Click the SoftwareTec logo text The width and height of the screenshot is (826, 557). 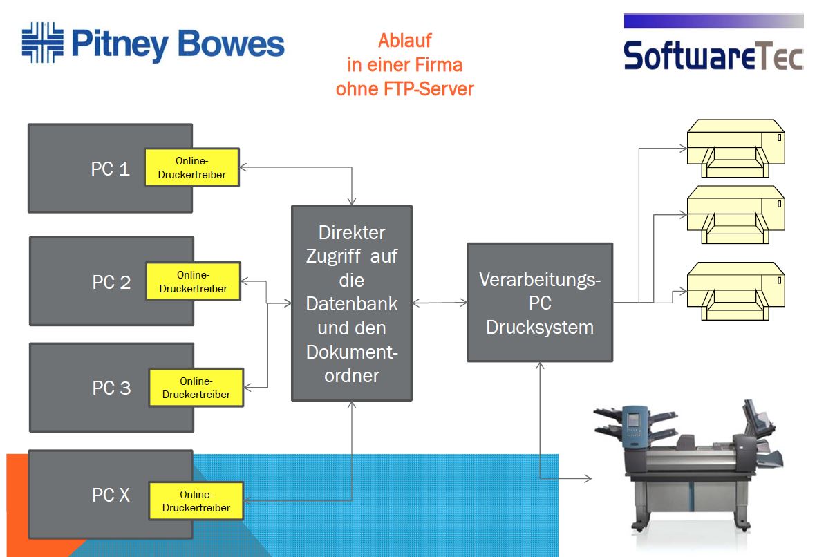coord(713,55)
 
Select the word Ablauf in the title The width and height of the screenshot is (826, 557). coord(404,41)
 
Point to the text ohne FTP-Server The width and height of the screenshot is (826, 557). coord(404,89)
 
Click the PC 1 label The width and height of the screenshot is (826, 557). coord(110,169)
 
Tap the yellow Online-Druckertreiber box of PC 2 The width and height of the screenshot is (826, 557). coord(193,281)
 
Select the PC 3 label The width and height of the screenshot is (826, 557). coord(111,388)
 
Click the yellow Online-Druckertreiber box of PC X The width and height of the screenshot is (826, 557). coord(196,501)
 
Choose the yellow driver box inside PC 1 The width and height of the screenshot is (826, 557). coord(191,167)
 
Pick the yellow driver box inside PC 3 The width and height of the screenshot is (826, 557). coord(196,388)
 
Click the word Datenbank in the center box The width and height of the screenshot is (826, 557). coord(352,304)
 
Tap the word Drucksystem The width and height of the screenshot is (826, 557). coord(540,327)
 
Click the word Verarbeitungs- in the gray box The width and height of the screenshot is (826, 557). coord(540,281)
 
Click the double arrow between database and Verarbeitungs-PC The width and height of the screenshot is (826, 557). coord(441,303)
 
